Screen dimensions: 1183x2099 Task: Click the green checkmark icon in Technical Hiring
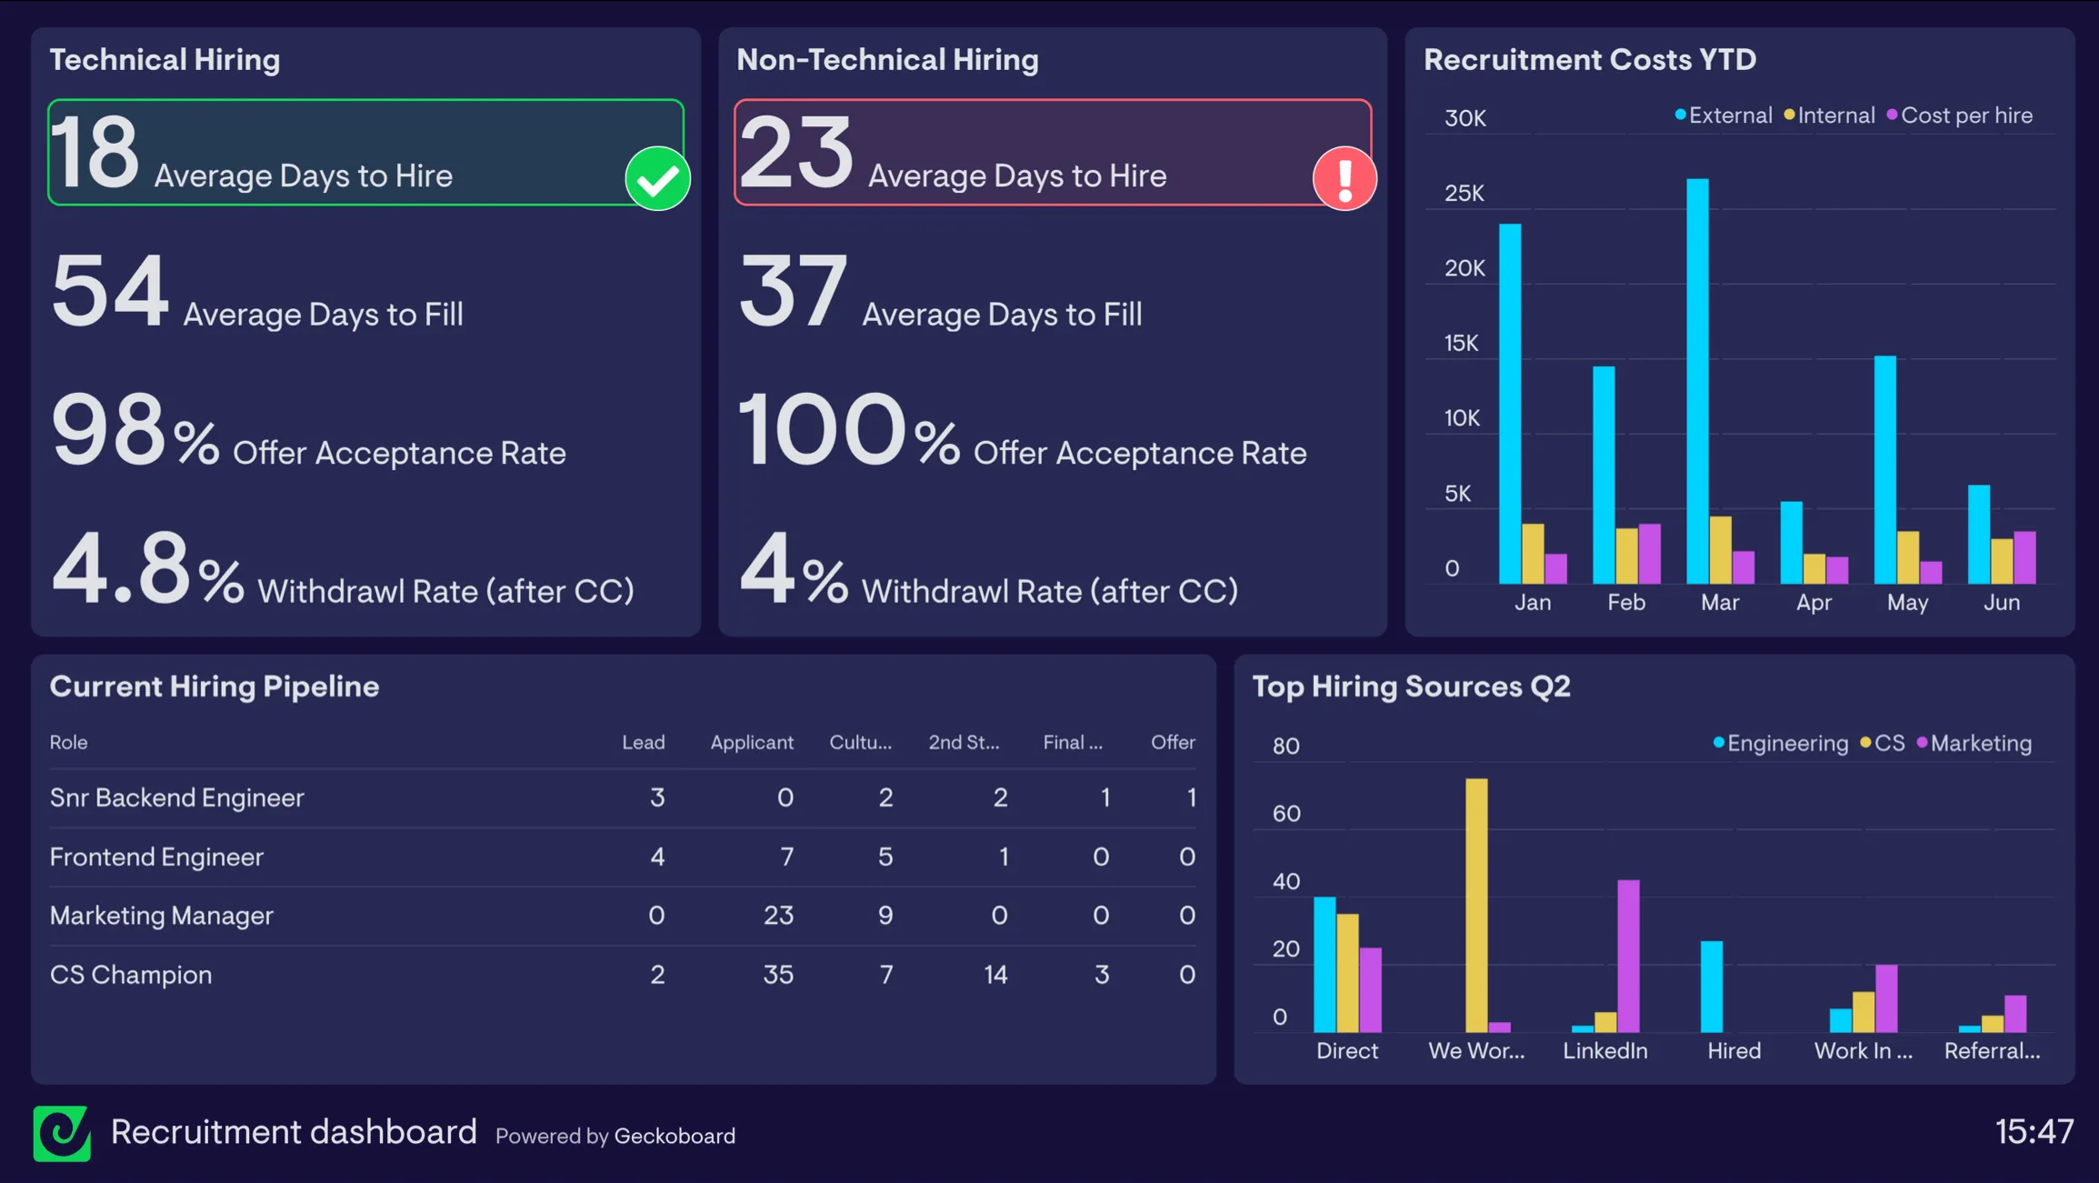point(657,178)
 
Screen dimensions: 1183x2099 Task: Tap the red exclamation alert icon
point(1344,178)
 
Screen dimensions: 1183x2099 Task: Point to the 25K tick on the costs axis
point(1464,193)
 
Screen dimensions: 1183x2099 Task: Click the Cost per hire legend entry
point(1965,115)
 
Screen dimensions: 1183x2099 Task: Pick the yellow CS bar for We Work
point(1476,904)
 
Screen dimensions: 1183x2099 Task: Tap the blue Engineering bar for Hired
point(1711,986)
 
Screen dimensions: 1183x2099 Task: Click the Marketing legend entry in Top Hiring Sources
point(1979,743)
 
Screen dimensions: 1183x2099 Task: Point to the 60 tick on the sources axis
point(1285,813)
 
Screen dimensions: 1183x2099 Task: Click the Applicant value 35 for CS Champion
point(777,975)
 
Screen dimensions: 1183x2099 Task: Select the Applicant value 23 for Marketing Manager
point(778,916)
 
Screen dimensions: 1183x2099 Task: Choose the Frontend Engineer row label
point(156,857)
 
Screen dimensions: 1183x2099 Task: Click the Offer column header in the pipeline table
point(1172,742)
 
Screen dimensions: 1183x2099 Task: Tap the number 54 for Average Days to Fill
point(110,291)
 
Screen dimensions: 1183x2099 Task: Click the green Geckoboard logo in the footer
point(62,1133)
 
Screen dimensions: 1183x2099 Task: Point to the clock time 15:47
point(2034,1132)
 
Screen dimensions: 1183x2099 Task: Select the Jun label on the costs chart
point(2001,602)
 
